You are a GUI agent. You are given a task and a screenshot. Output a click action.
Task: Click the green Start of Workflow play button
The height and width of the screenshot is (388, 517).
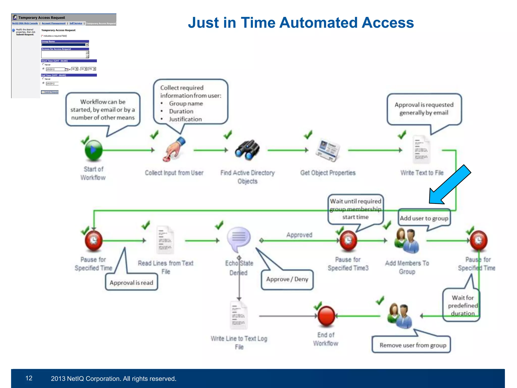click(x=93, y=150)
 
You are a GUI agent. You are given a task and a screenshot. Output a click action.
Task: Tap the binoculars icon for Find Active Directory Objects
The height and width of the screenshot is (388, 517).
click(x=247, y=150)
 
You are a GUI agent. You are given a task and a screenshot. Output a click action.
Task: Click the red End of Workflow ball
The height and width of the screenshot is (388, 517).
click(x=326, y=316)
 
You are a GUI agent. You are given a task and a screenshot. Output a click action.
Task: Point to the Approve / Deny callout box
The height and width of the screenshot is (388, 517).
click(x=287, y=279)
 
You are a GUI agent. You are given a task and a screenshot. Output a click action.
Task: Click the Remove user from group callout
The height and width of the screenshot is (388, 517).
click(x=412, y=345)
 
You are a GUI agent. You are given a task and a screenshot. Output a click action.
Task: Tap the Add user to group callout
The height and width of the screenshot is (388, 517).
click(x=424, y=218)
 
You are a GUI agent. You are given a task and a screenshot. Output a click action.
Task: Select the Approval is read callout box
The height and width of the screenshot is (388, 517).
click(x=131, y=283)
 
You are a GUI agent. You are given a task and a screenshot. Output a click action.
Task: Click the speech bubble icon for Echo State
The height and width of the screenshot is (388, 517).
click(x=238, y=238)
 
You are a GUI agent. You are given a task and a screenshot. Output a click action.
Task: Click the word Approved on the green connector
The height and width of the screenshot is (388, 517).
click(x=299, y=235)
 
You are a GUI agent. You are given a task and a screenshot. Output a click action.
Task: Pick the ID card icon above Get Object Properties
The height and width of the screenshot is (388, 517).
click(x=327, y=150)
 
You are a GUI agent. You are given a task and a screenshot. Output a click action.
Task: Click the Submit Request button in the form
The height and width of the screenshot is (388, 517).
click(x=50, y=92)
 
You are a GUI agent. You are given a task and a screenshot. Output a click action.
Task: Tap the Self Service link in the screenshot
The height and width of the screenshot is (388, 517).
click(x=76, y=23)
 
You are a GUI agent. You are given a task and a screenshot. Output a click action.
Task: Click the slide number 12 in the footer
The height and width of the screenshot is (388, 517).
click(x=29, y=378)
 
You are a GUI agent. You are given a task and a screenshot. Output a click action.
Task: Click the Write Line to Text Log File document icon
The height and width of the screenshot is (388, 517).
click(x=239, y=316)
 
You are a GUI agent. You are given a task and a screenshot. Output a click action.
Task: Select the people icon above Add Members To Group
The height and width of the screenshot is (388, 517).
click(x=406, y=240)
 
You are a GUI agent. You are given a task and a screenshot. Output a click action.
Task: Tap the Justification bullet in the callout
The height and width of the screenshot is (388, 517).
click(x=185, y=119)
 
